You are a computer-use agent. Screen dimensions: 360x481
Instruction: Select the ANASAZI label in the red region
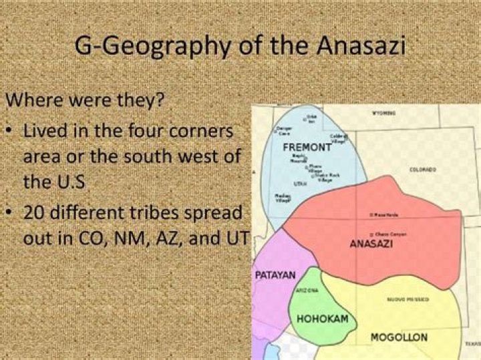pos(371,244)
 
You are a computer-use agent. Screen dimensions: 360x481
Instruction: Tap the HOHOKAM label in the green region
pos(322,319)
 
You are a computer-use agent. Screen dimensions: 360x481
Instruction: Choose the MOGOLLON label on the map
pos(399,337)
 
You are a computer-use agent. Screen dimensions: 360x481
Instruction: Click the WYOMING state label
pos(383,113)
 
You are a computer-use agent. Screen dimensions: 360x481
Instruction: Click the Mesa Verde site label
pos(385,214)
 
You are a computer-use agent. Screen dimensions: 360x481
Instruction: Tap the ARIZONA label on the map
pos(307,291)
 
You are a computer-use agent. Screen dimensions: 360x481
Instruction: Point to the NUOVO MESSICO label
pos(408,300)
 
